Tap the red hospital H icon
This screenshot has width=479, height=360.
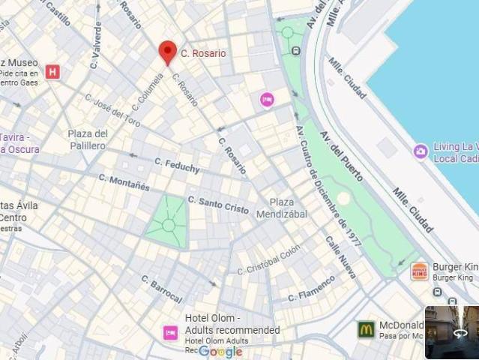point(52,72)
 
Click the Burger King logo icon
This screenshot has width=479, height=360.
point(420,271)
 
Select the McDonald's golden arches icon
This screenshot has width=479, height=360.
point(366,329)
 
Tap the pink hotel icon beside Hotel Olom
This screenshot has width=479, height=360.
point(170,332)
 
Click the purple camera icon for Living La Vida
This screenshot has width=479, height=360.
point(421,151)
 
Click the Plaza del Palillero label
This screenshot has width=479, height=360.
point(88,139)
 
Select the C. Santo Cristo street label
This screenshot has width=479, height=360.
point(218,205)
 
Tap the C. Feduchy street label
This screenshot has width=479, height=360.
point(178,164)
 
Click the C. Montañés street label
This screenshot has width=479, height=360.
point(124,182)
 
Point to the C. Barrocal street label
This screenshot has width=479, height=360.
point(162,288)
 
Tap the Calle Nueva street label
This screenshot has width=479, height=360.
point(341,256)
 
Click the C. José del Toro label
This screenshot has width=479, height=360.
point(112,109)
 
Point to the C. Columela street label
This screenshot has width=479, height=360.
point(148,95)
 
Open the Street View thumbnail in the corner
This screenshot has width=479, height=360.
point(451,332)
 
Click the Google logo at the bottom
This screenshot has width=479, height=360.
point(220,351)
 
